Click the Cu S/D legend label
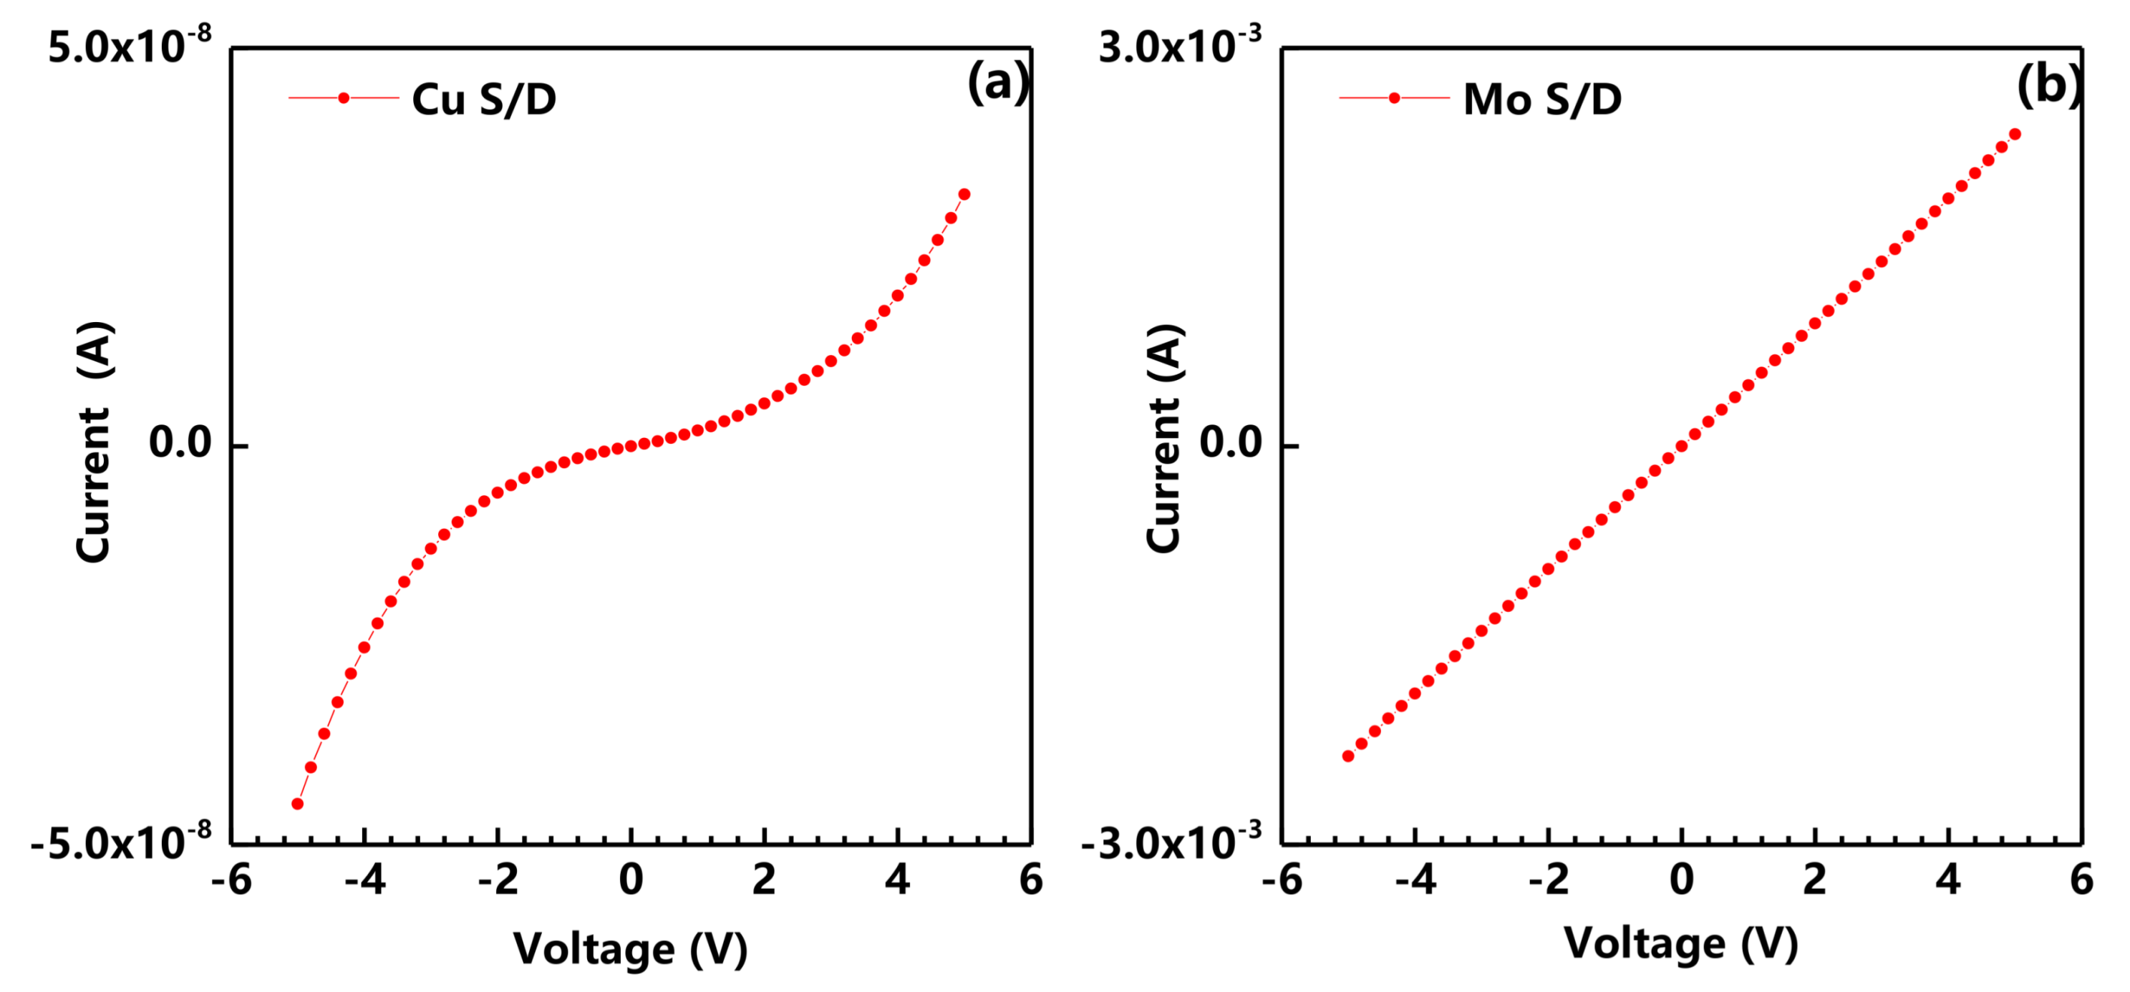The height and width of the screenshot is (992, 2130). point(484,99)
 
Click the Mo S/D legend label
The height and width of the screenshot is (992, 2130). point(1542,99)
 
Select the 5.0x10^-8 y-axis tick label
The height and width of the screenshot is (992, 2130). point(130,46)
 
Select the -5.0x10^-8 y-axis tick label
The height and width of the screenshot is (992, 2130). point(122,843)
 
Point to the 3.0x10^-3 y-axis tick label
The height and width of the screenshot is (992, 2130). point(1180,46)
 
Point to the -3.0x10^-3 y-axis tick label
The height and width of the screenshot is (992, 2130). point(1171,843)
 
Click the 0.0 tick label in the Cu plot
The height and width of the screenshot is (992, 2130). point(180,443)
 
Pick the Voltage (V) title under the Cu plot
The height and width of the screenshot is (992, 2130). point(630,948)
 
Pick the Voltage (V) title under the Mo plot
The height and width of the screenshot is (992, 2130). point(1681,943)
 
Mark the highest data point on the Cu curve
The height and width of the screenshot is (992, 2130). point(964,194)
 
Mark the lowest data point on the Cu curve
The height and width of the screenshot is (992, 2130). point(298,804)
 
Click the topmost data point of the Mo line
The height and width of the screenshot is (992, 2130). point(2015,134)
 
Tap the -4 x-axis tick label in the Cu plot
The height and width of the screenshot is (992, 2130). point(364,880)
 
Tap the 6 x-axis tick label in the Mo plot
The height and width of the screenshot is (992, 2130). point(2081,880)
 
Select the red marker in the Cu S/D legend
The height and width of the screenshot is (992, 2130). point(344,98)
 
